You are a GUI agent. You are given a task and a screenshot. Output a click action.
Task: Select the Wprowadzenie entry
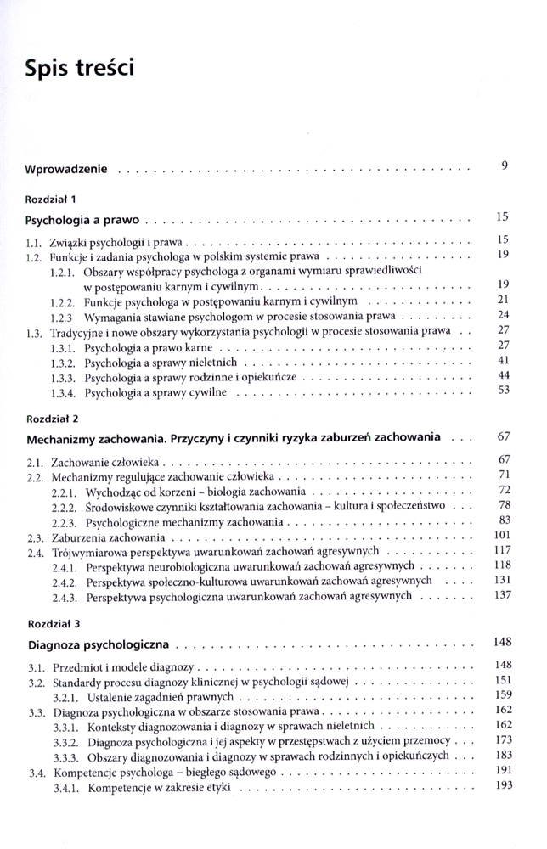(x=66, y=169)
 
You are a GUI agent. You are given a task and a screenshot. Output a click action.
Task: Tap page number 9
(x=504, y=166)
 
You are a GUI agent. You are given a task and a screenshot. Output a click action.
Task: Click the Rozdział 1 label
(x=51, y=200)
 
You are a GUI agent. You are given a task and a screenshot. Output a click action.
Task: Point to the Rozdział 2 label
(x=51, y=419)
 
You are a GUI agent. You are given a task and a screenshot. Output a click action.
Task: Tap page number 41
(x=502, y=361)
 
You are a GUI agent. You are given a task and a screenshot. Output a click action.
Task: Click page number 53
(x=502, y=391)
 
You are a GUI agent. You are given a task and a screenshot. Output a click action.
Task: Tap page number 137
(x=500, y=595)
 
